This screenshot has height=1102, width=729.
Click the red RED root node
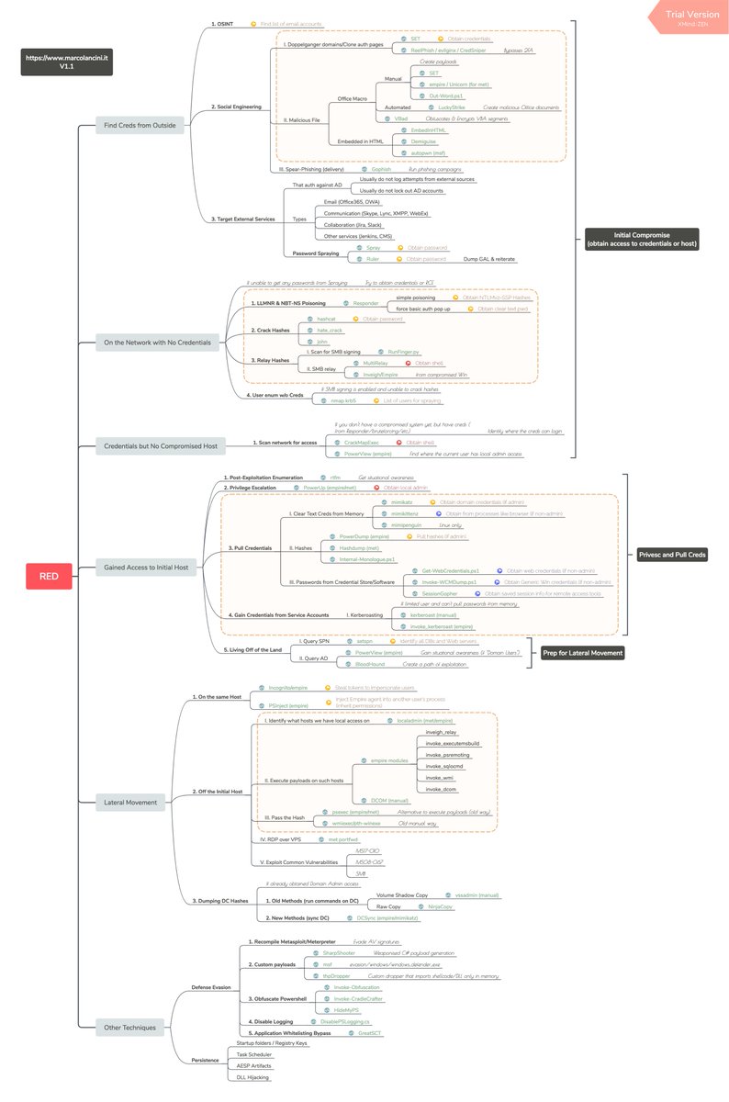tap(49, 577)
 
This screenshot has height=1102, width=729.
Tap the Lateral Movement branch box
tap(131, 802)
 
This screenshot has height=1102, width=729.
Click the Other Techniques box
tap(131, 1027)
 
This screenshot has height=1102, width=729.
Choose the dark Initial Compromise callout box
tap(642, 239)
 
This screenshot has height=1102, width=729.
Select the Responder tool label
tap(366, 302)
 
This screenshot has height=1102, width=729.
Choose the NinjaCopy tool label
tap(441, 906)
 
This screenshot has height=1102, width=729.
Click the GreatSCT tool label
tap(370, 1033)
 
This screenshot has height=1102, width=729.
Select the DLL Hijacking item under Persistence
tap(253, 1076)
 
